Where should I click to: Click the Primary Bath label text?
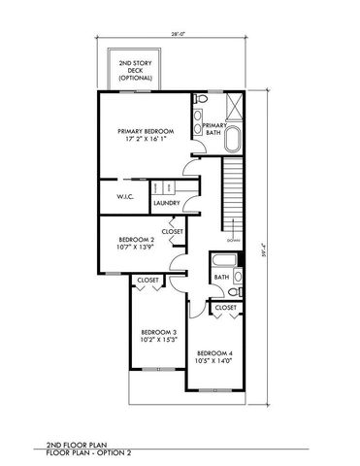pyautogui.click(x=214, y=131)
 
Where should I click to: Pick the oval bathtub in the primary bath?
pyautogui.click(x=233, y=138)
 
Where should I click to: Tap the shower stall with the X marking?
pyautogui.click(x=234, y=104)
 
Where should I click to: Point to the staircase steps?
pyautogui.click(x=233, y=199)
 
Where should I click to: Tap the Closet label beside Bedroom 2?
pyautogui.click(x=173, y=232)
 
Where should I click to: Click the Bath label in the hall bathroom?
pyautogui.click(x=221, y=278)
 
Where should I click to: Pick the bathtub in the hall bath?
pyautogui.click(x=222, y=260)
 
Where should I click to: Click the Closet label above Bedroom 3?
pyautogui.click(x=147, y=280)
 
